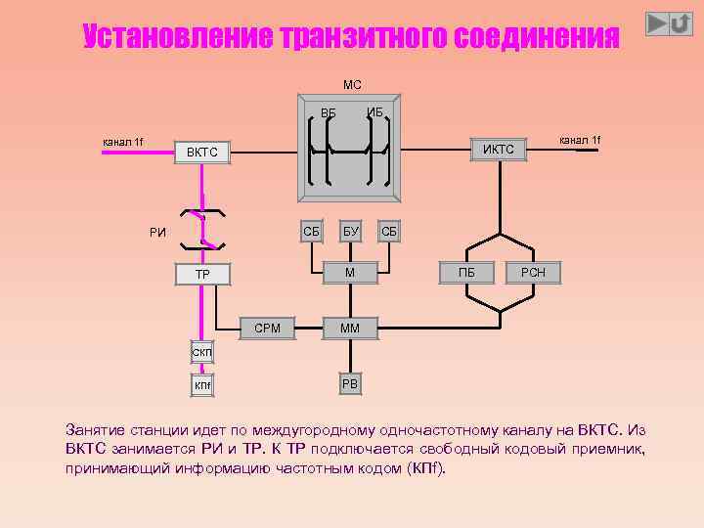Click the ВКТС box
[202, 153]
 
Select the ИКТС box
[499, 149]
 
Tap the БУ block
[350, 232]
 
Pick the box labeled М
[350, 271]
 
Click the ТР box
[202, 275]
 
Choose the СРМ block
[267, 329]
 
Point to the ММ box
[349, 329]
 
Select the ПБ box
[466, 273]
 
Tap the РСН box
[533, 273]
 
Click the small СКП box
[202, 352]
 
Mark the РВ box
[350, 384]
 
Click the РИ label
[157, 233]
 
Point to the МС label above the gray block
[352, 85]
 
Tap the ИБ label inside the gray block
[375, 111]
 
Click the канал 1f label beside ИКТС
[580, 141]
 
